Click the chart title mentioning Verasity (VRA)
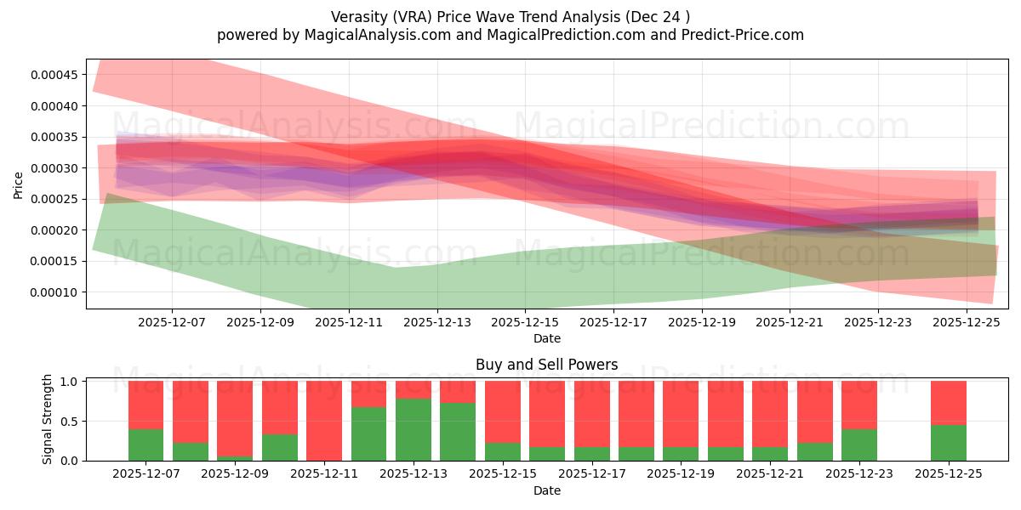point(510,16)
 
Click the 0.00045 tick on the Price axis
point(54,75)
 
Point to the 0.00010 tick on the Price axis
point(54,292)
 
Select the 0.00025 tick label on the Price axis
point(54,199)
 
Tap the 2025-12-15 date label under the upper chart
point(525,323)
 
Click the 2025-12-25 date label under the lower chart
point(949,474)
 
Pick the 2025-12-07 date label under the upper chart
point(172,323)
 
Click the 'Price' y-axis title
point(19,184)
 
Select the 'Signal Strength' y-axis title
point(48,419)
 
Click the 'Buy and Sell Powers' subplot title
point(547,365)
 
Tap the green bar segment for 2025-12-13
point(414,430)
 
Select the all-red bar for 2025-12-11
point(324,421)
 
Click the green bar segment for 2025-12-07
point(145,445)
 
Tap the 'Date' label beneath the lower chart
point(547,490)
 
